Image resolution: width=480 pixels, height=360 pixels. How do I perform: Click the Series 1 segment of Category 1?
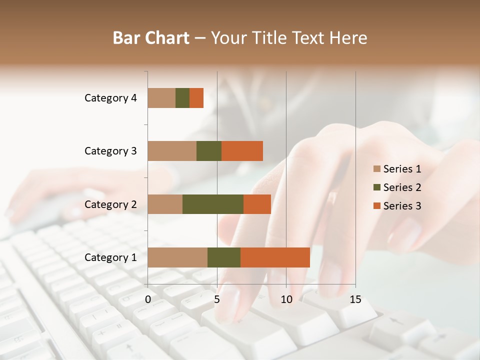click(177, 257)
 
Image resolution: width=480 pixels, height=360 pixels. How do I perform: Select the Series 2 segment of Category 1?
click(224, 257)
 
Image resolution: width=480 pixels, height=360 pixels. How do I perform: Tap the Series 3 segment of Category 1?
click(275, 257)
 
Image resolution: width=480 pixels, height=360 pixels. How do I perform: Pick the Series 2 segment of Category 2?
click(213, 204)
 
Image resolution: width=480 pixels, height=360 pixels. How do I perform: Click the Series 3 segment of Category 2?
click(257, 204)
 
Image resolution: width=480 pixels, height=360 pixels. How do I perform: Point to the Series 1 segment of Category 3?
click(172, 151)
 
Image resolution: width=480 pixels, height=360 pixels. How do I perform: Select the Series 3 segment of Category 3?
click(242, 151)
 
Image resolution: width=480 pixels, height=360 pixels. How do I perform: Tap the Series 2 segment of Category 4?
click(182, 98)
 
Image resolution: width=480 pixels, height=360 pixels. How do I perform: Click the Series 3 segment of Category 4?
click(196, 98)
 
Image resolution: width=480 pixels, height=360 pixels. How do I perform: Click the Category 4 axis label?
click(110, 98)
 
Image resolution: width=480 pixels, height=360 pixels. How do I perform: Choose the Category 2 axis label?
click(110, 204)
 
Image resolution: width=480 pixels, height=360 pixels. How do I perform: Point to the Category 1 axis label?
click(110, 257)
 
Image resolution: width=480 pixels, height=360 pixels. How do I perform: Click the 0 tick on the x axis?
click(148, 299)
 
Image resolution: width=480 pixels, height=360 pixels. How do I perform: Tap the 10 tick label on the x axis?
click(286, 299)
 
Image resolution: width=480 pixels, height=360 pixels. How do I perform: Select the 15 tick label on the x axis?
click(355, 299)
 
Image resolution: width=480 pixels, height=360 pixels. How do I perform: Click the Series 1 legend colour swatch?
click(376, 169)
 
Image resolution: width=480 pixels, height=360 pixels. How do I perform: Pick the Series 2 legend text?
click(402, 187)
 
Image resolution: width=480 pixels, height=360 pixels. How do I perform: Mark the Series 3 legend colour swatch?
click(376, 206)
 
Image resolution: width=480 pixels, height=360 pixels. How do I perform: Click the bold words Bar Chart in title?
click(151, 37)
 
